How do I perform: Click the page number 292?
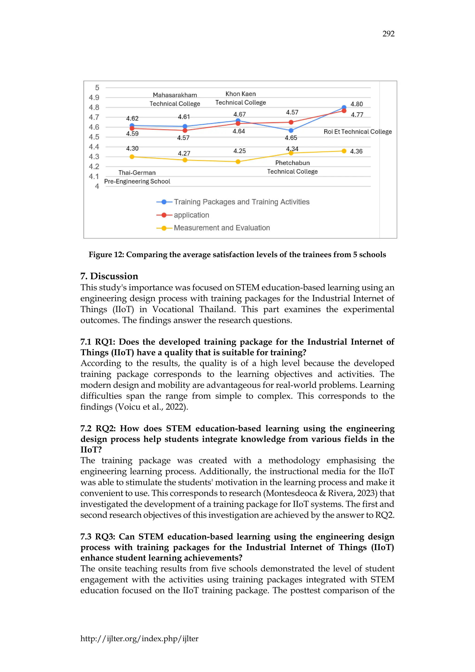coord(388,34)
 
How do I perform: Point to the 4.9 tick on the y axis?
coord(94,97)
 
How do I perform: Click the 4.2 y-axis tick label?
coord(94,167)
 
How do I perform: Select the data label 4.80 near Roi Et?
coord(356,104)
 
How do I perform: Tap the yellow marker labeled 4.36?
coord(344,151)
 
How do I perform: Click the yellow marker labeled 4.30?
coord(132,157)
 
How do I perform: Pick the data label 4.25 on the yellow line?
coord(239,151)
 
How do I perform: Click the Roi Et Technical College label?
coord(357,132)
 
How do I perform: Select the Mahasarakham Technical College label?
coord(175,99)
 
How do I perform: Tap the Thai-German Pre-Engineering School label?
coord(137,177)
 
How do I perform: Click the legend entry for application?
coord(191,215)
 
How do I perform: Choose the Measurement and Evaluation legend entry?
coord(221,228)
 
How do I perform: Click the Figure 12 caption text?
coord(237,255)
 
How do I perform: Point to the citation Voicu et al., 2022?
coord(151,407)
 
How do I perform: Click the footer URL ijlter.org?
coord(139,639)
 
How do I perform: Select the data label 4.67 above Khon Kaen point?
coord(239,114)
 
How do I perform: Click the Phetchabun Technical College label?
coord(292,167)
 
